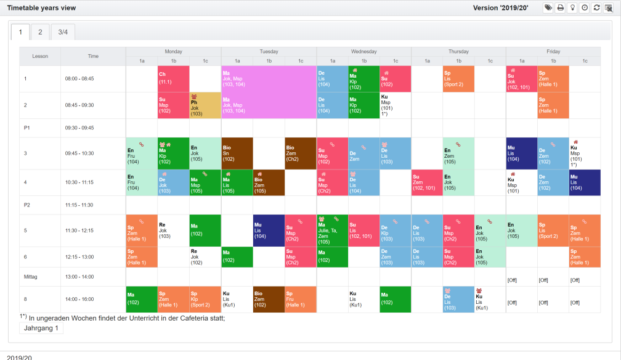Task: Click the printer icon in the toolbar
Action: pos(560,8)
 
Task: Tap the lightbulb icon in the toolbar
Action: pos(572,8)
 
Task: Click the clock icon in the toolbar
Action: pos(585,8)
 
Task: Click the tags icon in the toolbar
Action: pos(548,8)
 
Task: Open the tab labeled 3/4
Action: pos(63,32)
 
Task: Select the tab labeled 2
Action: pos(40,32)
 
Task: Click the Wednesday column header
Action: pos(364,52)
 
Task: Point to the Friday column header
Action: pos(553,52)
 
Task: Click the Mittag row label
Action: pos(31,277)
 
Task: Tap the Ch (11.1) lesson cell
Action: pos(173,79)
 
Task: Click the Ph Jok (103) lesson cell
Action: pos(205,105)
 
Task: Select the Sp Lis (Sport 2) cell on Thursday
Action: pos(458,79)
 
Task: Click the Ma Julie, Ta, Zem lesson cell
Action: pos(332,231)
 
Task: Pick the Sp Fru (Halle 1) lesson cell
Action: pos(301,300)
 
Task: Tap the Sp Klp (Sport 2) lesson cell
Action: pos(205,300)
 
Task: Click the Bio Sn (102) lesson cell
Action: pos(237,153)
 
